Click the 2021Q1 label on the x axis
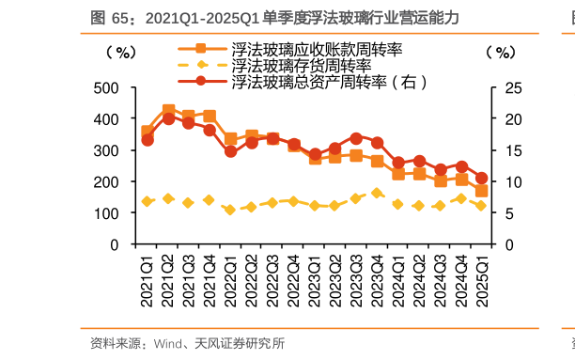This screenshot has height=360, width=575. [x=148, y=280]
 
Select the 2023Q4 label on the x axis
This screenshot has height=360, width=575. [x=378, y=280]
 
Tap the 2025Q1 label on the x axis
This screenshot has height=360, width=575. [x=481, y=280]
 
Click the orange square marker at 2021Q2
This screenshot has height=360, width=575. [x=168, y=111]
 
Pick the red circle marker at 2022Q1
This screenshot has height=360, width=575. [x=230, y=150]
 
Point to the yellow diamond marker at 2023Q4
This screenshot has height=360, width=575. [x=378, y=193]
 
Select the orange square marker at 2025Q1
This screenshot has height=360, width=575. [x=481, y=191]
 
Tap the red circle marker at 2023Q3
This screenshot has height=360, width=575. [x=356, y=138]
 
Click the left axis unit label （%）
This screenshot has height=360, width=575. [x=121, y=52]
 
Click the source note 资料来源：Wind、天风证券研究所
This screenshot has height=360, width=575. [x=187, y=344]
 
